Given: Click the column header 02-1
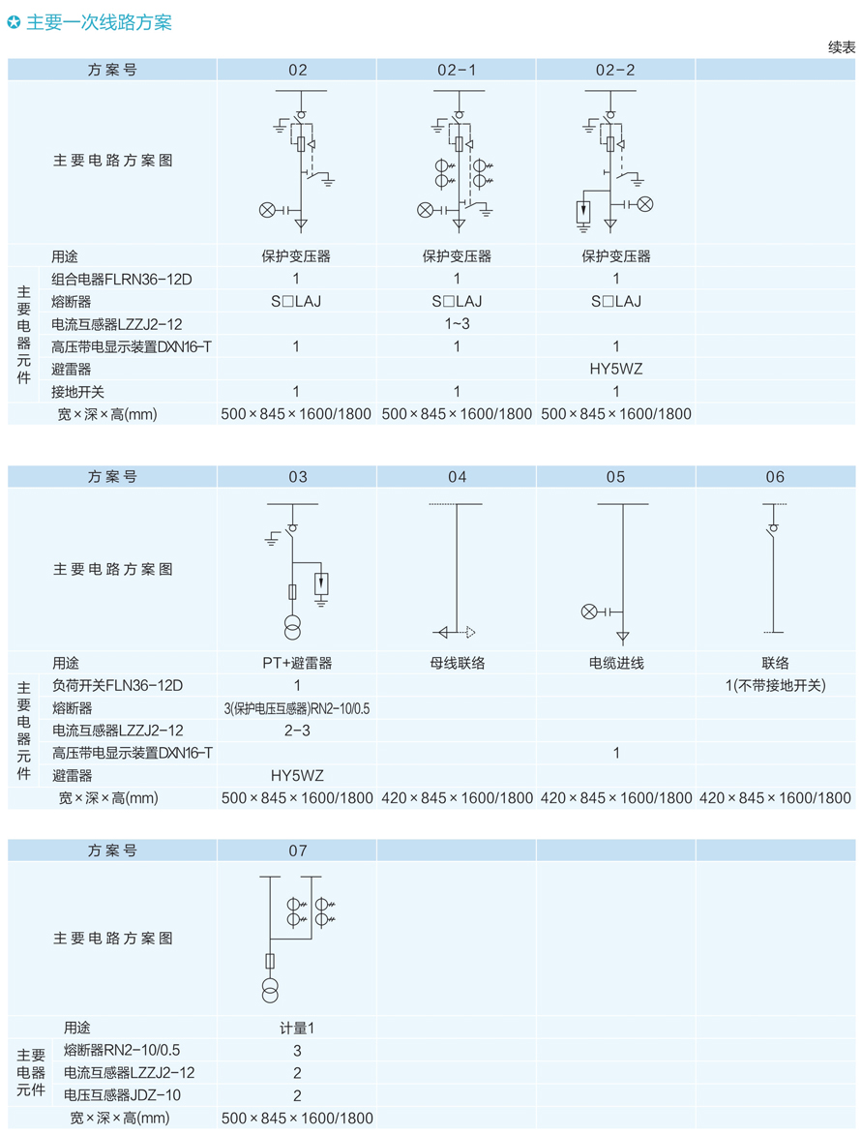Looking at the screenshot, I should (457, 70).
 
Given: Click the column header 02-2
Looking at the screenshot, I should (616, 70).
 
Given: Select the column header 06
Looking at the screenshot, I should (775, 477).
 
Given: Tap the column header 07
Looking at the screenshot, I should (297, 850).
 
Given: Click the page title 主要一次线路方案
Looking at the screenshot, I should (99, 22).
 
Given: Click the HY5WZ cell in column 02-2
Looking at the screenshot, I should (616, 369).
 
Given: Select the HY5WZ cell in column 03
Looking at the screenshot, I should (297, 776).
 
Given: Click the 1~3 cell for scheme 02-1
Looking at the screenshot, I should (457, 323).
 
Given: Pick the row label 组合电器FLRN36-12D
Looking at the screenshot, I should (122, 279).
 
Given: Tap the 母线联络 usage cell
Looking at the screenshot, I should (457, 663).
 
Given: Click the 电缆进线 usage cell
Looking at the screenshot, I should (616, 663).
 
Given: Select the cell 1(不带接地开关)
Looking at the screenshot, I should (775, 686).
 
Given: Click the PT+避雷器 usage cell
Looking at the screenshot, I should (297, 663).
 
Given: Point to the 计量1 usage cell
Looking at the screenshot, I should (297, 1028).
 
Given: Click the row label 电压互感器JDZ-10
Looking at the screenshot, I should (122, 1095).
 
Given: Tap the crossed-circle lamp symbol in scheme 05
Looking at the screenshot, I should (588, 612).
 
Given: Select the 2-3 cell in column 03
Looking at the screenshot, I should (297, 731).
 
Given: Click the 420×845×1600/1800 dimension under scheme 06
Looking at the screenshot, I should (775, 798).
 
